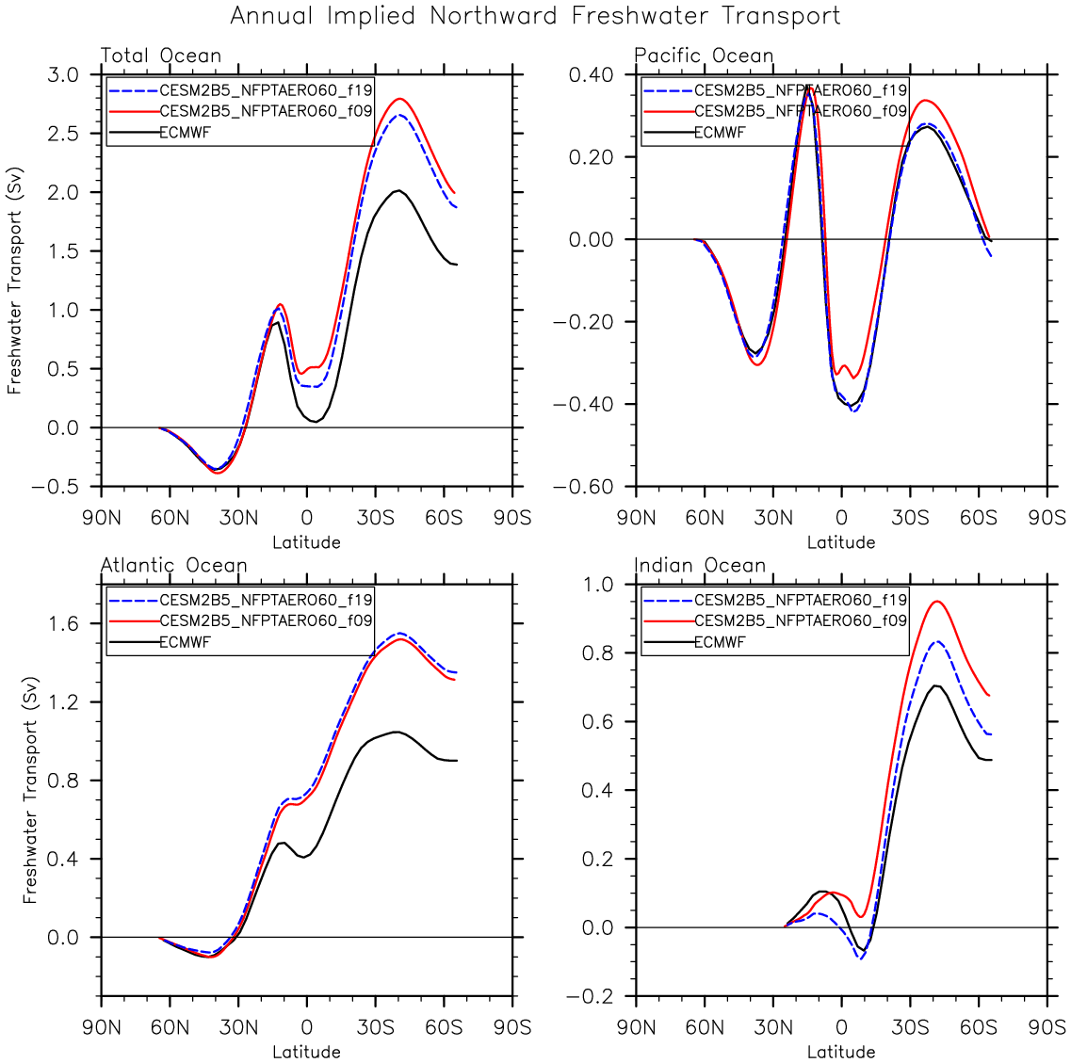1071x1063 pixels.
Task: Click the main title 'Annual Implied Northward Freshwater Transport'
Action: tap(535, 16)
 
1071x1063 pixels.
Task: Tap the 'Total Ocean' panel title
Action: tap(161, 56)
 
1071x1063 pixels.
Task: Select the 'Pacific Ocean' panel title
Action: tap(704, 56)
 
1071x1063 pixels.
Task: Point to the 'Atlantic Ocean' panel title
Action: tap(173, 566)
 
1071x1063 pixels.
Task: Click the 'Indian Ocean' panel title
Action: tap(700, 566)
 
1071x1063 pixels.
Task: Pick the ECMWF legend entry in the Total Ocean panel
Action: tap(186, 133)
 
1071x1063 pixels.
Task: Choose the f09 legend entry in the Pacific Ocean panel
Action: tap(801, 111)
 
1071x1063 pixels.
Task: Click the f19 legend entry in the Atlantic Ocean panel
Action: tap(266, 600)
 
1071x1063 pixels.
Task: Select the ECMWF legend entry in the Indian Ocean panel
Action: tap(720, 642)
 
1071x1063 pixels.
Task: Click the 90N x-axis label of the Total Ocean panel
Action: tap(101, 518)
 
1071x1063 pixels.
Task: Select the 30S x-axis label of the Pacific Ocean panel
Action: tap(910, 518)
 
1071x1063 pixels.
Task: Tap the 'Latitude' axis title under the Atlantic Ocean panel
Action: tap(306, 1052)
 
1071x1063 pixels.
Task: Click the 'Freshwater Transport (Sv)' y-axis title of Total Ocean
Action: tap(14, 281)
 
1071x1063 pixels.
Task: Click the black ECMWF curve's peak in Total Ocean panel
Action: tap(398, 190)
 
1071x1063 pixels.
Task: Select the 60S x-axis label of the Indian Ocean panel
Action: tap(979, 1027)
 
